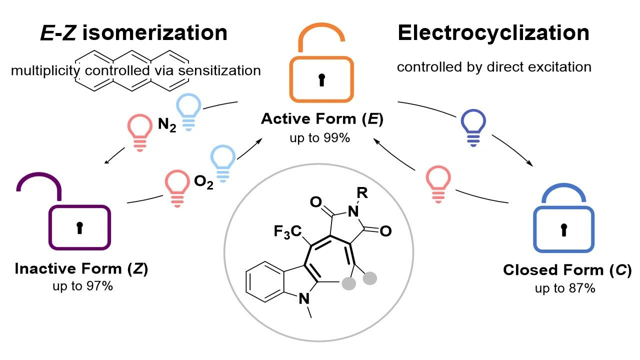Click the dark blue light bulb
click(473, 127)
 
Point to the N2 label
click(167, 124)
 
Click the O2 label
click(203, 181)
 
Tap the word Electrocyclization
click(493, 33)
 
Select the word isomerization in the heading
click(154, 32)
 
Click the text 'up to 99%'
click(319, 138)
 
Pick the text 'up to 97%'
click(82, 286)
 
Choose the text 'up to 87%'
click(565, 288)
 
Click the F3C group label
click(287, 231)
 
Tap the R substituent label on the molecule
click(362, 193)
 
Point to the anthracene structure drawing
click(131, 71)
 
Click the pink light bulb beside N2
click(139, 132)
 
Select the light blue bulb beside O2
click(223, 163)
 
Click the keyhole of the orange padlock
click(321, 80)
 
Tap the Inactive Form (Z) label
click(81, 269)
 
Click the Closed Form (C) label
click(567, 270)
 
